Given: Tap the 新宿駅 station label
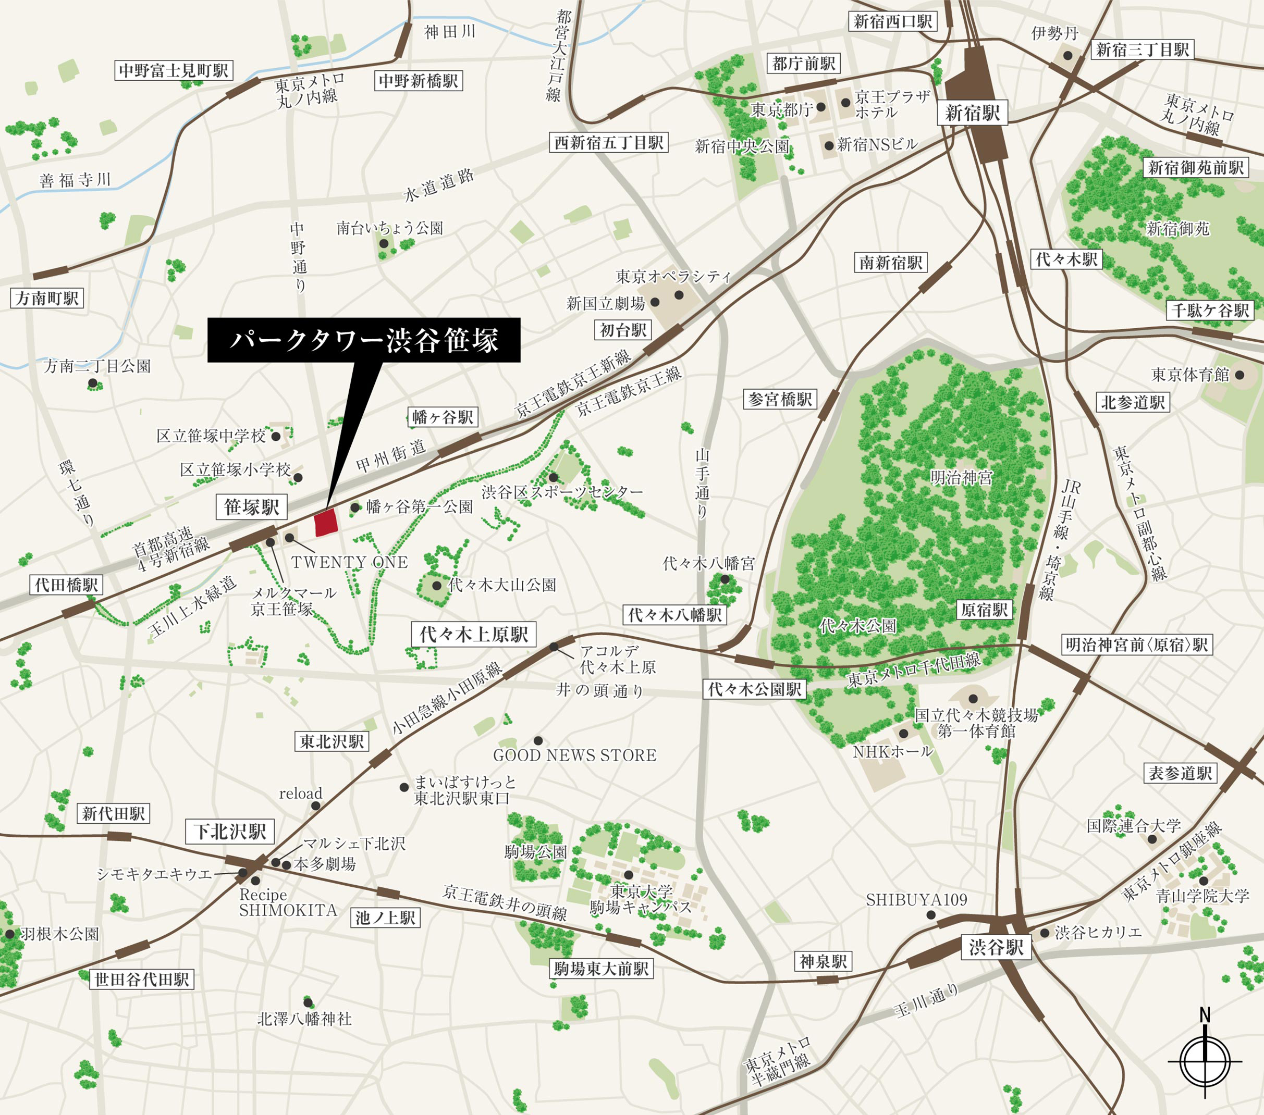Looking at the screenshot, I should [972, 113].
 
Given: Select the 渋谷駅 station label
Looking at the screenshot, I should [996, 947].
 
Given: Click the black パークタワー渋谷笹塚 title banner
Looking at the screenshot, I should [364, 340].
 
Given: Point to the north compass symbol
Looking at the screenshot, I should [1205, 1061].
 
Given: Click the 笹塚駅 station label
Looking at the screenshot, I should [251, 507].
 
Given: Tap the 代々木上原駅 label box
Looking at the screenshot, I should [473, 634].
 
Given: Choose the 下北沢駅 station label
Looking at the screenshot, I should [229, 832].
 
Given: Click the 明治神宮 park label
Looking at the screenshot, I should [961, 477].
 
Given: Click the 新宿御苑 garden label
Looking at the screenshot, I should [1177, 229].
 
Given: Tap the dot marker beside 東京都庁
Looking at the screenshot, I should [820, 107].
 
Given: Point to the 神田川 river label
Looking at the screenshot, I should [450, 31].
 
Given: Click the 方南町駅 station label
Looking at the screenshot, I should [47, 299].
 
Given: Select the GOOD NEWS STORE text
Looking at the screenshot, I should [574, 755].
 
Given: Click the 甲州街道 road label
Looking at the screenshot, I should [391, 455].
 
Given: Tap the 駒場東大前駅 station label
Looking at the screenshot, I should [601, 969].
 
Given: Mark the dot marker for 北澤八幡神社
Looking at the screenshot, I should [308, 1002].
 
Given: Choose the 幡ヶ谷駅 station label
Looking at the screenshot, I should [443, 417].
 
